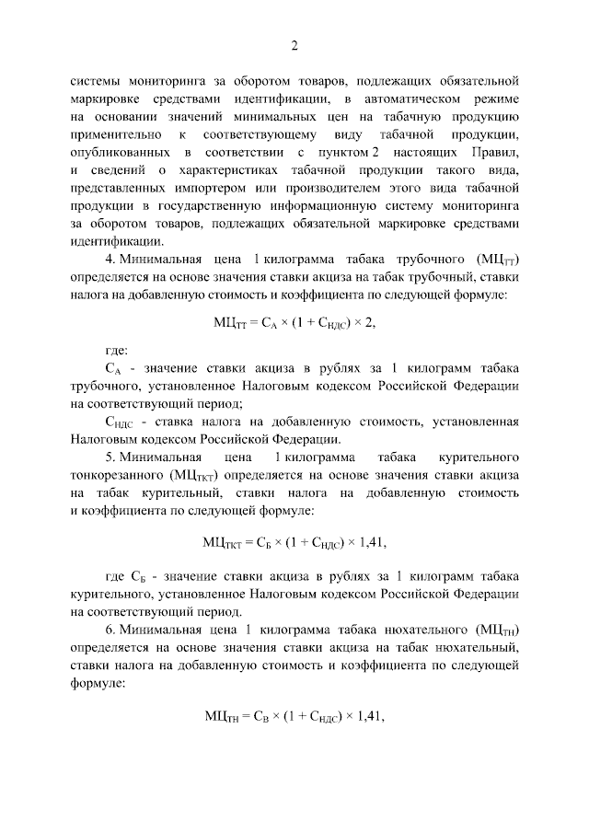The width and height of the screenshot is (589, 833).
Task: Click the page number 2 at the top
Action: pyautogui.click(x=294, y=45)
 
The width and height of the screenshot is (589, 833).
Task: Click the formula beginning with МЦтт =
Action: pyautogui.click(x=294, y=322)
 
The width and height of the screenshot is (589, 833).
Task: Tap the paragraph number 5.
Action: pyautogui.click(x=110, y=457)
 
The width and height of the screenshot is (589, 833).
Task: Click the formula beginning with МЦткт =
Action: pyautogui.click(x=294, y=541)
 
